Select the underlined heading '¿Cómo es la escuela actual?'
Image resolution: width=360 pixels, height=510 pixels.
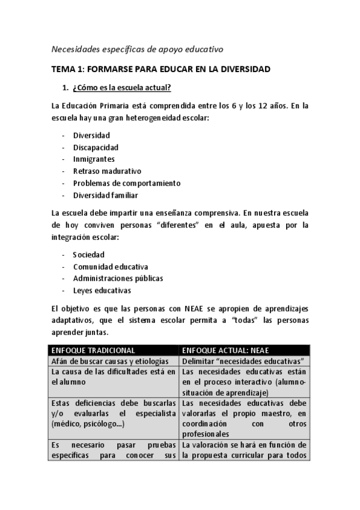(x=121, y=88)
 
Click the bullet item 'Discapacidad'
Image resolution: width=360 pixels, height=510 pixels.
(x=96, y=147)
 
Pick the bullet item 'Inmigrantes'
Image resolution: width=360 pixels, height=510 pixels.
(x=94, y=159)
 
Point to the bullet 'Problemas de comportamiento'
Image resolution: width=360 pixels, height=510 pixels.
(x=126, y=183)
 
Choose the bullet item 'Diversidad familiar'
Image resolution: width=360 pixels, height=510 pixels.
(x=106, y=195)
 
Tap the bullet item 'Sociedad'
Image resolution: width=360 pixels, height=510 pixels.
(x=89, y=255)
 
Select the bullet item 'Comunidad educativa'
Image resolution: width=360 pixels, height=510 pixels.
(x=111, y=266)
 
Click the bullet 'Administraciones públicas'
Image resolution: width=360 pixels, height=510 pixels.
(x=118, y=278)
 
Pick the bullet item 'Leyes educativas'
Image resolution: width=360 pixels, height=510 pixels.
(x=102, y=290)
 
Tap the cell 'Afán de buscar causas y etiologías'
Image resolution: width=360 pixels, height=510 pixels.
(x=112, y=361)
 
